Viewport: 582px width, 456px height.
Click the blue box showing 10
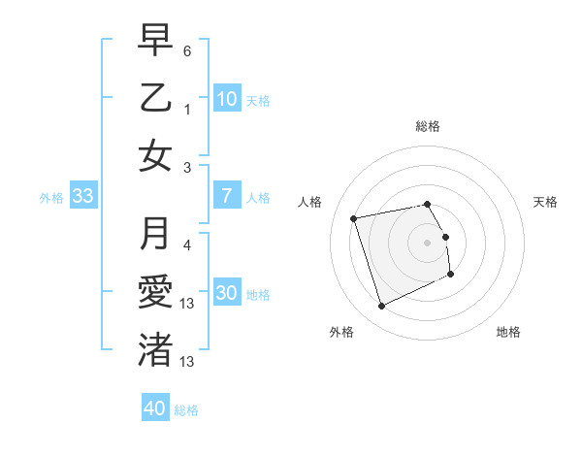click(x=227, y=99)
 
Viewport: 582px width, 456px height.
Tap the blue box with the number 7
click(x=227, y=197)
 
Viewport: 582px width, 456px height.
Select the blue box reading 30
click(x=227, y=294)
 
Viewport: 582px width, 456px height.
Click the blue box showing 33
click(x=83, y=197)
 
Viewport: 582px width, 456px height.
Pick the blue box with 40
click(x=155, y=408)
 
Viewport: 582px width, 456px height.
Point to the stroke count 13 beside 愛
click(x=187, y=304)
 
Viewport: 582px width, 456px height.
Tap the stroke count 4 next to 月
click(x=187, y=244)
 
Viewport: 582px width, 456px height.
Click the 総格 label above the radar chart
click(x=427, y=126)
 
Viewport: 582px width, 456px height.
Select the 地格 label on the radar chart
click(x=508, y=332)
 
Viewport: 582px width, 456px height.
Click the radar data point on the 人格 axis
click(x=354, y=217)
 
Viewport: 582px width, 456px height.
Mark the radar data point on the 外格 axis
click(x=381, y=307)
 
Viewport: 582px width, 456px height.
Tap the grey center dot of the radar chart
click(x=427, y=243)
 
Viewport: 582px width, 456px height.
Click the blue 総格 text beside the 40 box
click(x=186, y=409)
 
